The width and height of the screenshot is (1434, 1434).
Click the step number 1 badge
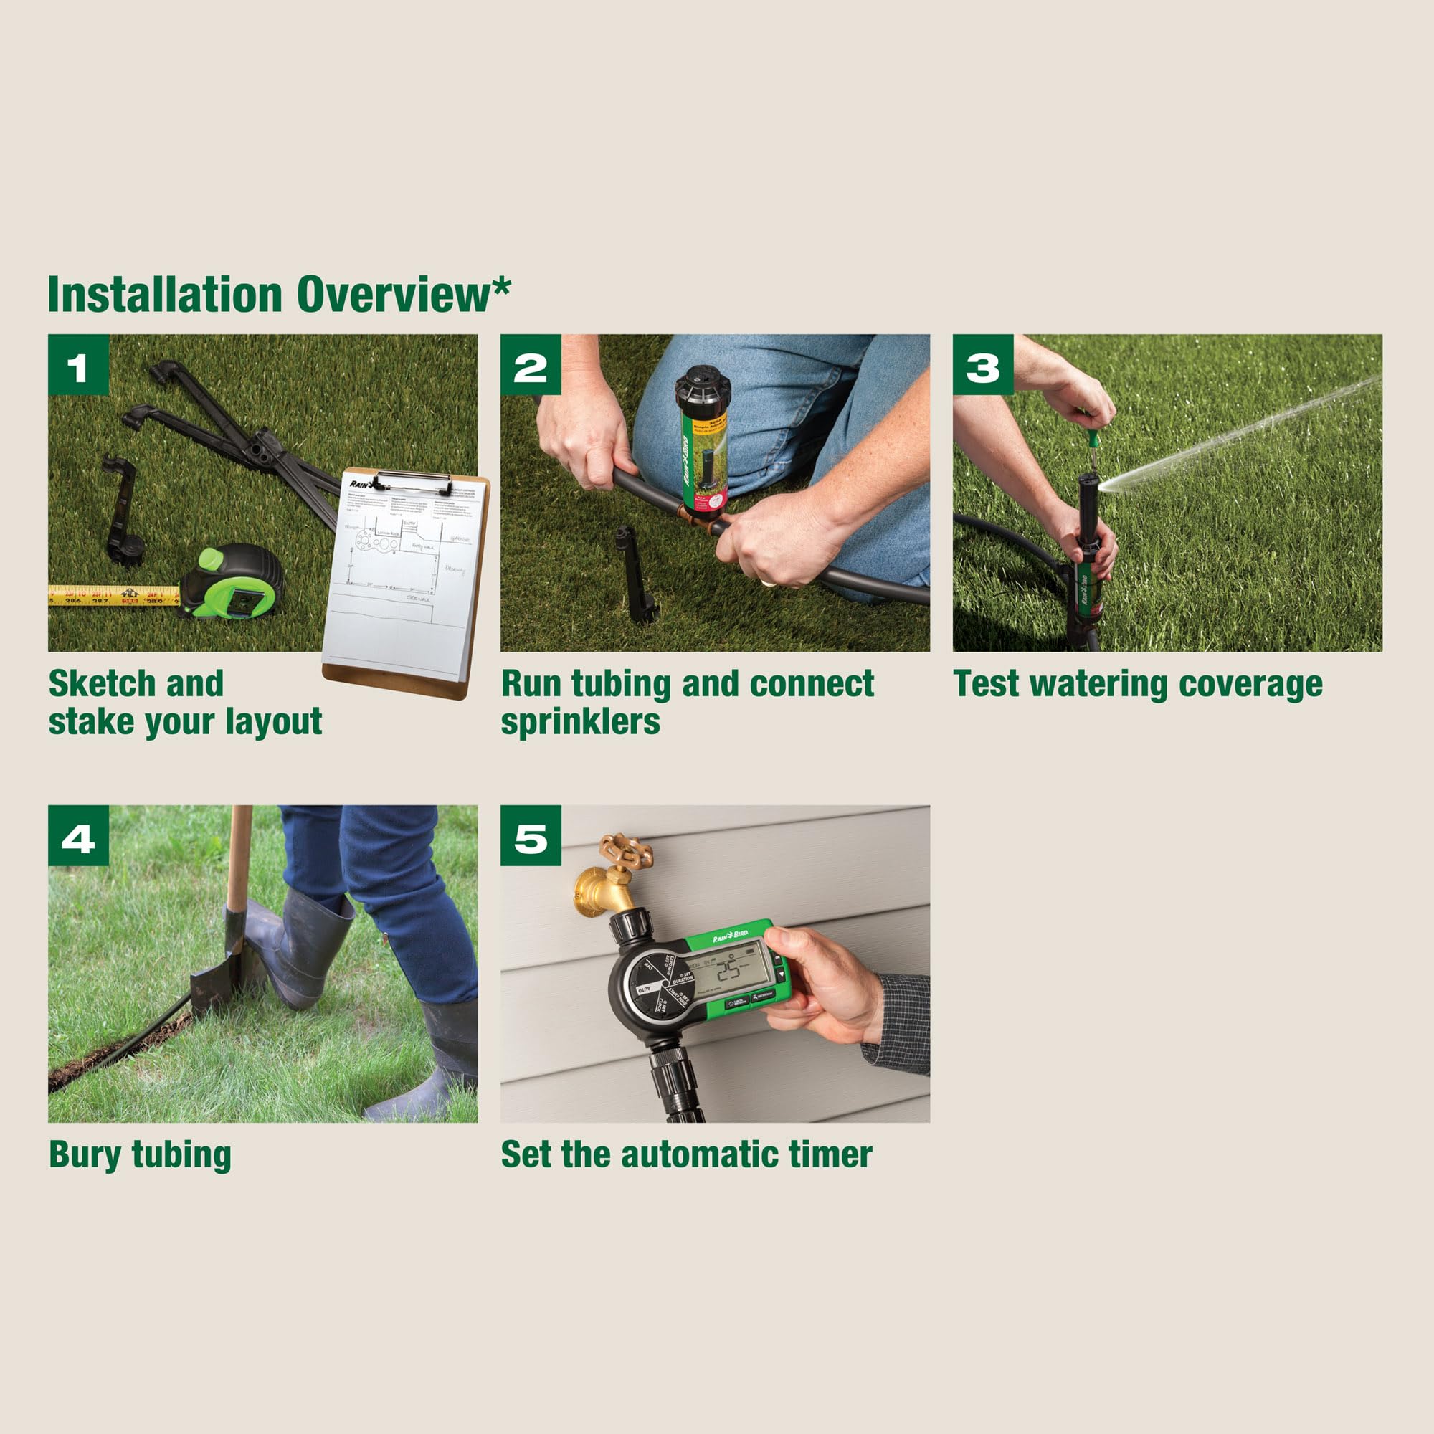click(78, 364)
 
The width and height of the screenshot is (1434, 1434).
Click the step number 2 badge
click(530, 364)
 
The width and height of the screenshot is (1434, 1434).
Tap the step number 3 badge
click(983, 364)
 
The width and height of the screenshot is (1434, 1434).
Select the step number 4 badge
click(78, 835)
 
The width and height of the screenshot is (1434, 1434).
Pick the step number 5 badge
click(530, 835)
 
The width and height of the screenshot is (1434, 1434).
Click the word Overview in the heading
click(394, 295)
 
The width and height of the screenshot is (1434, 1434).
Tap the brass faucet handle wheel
click(625, 850)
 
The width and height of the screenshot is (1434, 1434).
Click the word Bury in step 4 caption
click(83, 1155)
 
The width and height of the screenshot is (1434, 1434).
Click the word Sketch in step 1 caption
click(101, 684)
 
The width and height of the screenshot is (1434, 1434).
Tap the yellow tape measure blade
click(111, 595)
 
